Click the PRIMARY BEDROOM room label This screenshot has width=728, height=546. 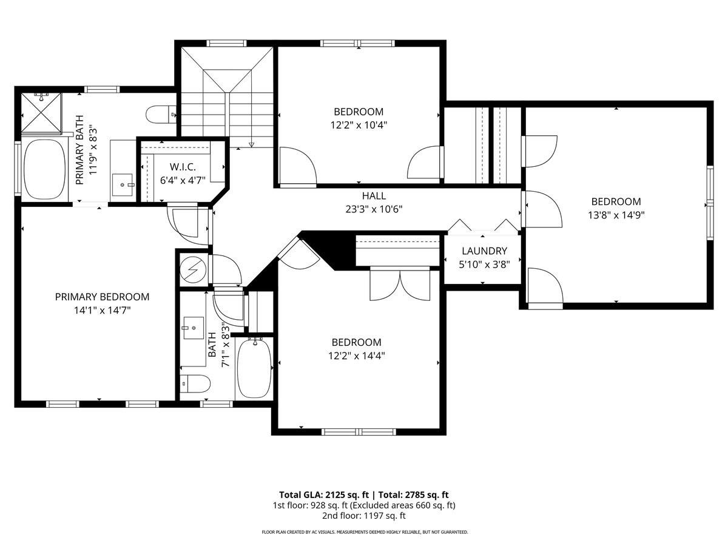pos(102,297)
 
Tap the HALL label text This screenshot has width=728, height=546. pos(374,196)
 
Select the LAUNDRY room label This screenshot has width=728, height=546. pos(484,251)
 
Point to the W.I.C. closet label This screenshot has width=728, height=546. pos(183,166)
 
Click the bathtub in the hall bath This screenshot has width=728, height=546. pos(254,368)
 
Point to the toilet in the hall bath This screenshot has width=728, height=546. pos(195,384)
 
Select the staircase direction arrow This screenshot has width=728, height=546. pos(252,144)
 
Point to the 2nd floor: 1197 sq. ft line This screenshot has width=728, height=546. pos(363,516)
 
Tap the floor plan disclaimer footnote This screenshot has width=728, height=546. pos(364,532)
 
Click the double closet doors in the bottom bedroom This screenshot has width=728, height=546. pos(400,283)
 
